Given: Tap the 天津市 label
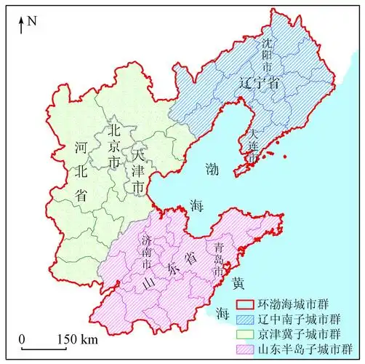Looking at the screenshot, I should click(138, 170).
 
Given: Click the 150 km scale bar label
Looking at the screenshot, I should click(78, 339).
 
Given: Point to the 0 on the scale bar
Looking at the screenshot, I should click(23, 339).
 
